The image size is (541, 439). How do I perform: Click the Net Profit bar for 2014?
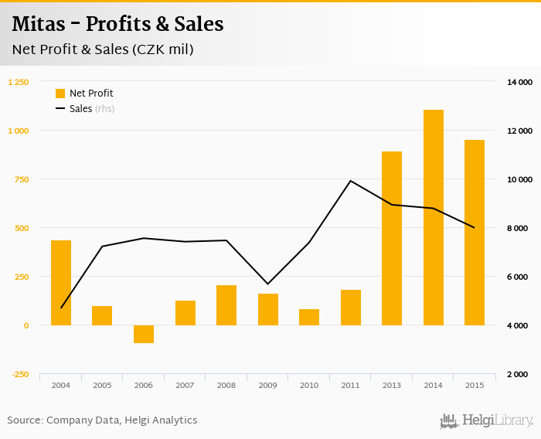434,217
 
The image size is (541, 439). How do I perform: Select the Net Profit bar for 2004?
61,283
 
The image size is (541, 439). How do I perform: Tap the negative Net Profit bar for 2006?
144,334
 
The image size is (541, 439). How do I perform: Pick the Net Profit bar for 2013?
392,238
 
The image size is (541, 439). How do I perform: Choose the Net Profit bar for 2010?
309,317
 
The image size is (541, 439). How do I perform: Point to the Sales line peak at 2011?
350,181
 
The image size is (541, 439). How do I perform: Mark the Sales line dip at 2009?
267,284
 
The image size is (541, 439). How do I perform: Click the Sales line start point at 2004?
61,308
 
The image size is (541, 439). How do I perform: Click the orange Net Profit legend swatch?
60,94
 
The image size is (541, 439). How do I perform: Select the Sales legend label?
80,109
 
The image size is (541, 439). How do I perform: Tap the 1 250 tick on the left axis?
19,82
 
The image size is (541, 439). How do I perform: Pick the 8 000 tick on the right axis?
522,228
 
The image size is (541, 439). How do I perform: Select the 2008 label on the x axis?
226,385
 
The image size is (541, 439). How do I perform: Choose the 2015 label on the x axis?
475,385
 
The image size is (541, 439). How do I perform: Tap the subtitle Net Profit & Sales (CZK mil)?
103,50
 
